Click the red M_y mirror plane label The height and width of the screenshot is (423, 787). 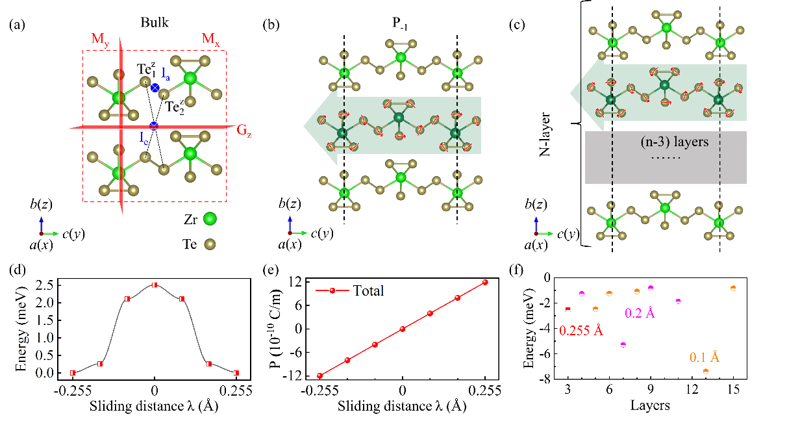coord(100,41)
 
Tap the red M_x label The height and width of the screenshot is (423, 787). coord(210,41)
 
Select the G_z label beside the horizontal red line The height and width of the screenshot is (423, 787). coord(244,130)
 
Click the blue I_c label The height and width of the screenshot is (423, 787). coord(144,137)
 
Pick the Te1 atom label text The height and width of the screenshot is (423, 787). coord(146,69)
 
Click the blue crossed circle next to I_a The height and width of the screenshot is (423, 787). coord(155,87)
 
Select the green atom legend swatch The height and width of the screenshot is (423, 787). coord(209,219)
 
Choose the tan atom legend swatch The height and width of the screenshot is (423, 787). coord(209,244)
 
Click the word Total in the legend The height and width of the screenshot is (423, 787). coord(368,290)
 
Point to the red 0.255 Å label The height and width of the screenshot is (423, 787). coord(581,330)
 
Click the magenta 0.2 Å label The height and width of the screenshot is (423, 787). coord(640,313)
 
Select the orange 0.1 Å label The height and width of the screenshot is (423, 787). coord(705,357)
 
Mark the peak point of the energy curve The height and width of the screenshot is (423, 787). coord(155,285)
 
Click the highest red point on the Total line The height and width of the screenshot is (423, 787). coord(485,282)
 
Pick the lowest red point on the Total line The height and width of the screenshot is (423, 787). coord(319,376)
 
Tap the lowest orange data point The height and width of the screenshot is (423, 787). coord(706,371)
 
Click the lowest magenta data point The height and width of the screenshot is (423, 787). coord(623,344)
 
